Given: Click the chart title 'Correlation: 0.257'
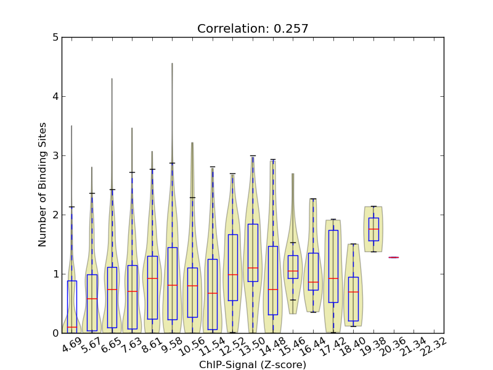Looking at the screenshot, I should tap(253, 28).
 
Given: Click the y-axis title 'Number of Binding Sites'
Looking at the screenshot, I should tap(43, 185).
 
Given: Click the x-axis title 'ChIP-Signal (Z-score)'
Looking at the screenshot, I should tap(253, 364).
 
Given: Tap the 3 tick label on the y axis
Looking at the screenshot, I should tap(56, 155).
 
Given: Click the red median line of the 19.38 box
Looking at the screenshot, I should tap(373, 229).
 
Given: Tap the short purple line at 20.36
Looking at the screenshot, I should tap(393, 257).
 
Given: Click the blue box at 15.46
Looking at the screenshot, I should tap(293, 266).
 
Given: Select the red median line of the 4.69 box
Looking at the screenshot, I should tap(72, 327).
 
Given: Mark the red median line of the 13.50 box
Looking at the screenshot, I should tap(253, 268).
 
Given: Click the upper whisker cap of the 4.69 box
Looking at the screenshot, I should tap(72, 207).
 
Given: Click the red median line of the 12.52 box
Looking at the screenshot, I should tap(232, 274).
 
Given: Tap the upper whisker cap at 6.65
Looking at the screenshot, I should tap(112, 189).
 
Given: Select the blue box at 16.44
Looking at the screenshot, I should tap(313, 271).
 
